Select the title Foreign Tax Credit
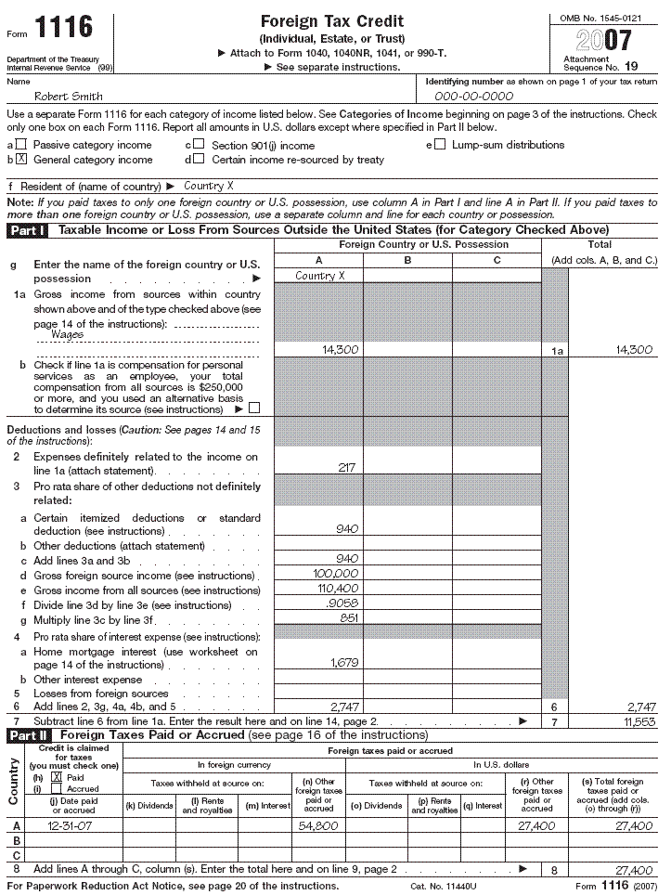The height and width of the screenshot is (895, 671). tap(331, 21)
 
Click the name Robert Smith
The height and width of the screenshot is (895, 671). tap(68, 96)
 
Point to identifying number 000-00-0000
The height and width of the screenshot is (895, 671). tap(473, 96)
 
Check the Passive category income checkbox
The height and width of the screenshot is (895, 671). tap(21, 145)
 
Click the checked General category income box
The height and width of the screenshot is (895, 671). tap(21, 160)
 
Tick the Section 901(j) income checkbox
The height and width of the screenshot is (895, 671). tap(200, 145)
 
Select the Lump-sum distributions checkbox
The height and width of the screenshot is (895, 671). tap(440, 145)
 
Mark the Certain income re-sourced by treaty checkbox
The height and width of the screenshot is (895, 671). tap(200, 160)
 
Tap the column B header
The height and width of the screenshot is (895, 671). tap(407, 260)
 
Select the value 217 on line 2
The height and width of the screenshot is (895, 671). tap(347, 468)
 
